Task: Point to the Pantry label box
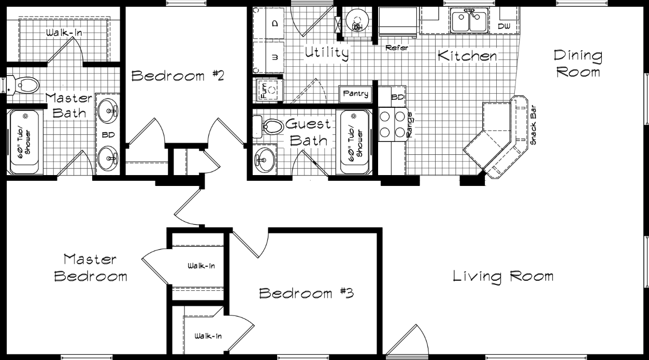pos(356,94)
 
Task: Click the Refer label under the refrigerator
pos(397,48)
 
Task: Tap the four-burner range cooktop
pos(392,124)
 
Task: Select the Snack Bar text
pos(533,126)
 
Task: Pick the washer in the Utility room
pos(268,57)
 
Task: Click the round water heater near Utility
pos(357,21)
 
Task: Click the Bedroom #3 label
pos(306,294)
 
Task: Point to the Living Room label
pos(503,276)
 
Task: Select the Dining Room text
pos(578,63)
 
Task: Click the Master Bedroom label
pos(91,267)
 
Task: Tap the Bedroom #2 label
pos(177,76)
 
